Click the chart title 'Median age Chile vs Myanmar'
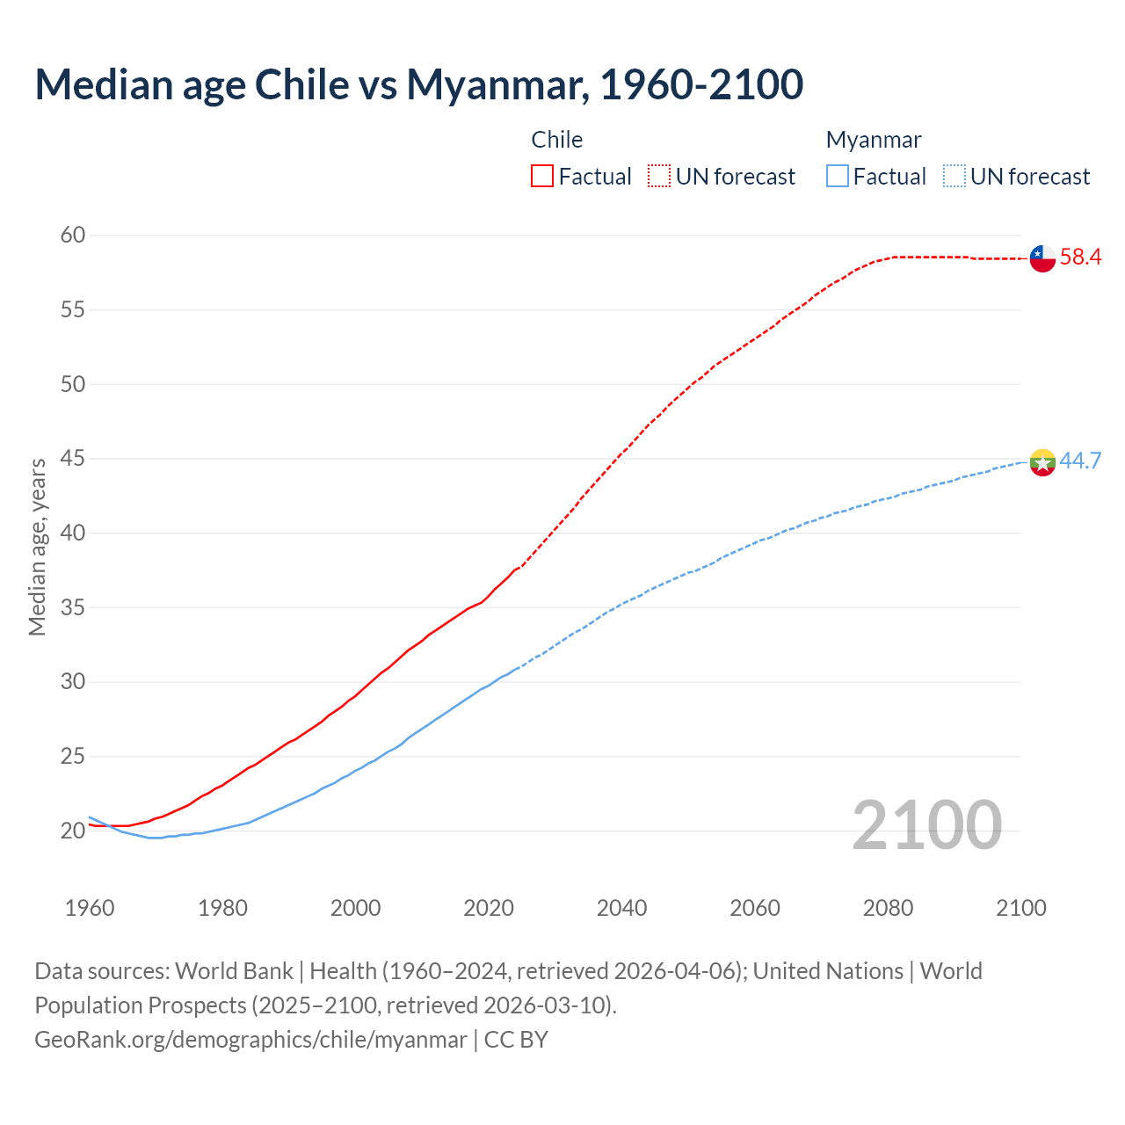418,84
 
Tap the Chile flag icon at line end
1042,258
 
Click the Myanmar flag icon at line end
1042,461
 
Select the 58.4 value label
1080,258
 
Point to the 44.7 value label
1080,461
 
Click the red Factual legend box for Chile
542,177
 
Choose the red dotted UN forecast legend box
659,177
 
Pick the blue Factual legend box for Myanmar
838,177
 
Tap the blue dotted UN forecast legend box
954,177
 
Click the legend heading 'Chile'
556,140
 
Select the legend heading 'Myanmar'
873,140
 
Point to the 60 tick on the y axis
73,235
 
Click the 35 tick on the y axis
73,607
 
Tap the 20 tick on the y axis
73,831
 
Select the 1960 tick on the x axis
90,908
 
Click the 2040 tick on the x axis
621,908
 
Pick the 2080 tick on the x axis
888,908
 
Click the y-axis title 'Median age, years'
37,547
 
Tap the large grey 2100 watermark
926,824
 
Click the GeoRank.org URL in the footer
250,1040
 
